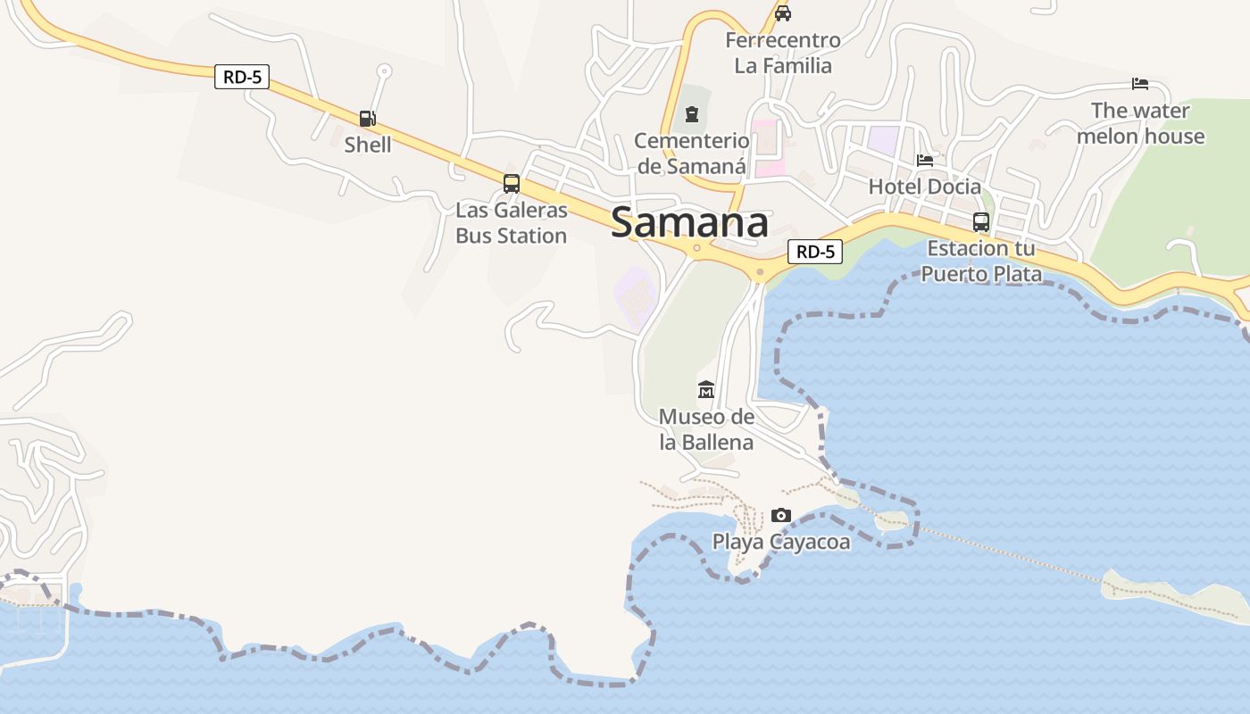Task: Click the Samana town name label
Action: (689, 223)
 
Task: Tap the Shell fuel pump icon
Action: (367, 118)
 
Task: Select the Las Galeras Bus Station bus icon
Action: (512, 184)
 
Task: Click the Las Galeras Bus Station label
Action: (512, 223)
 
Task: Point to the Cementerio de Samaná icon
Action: (692, 114)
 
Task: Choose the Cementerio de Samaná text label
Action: (692, 154)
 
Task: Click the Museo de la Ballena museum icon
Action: (706, 390)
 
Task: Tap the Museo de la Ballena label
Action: (706, 429)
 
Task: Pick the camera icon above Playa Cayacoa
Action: (780, 515)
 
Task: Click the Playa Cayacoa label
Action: (781, 542)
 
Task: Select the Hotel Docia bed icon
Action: (925, 161)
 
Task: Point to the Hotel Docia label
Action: (925, 187)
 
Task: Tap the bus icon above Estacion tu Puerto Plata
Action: (981, 222)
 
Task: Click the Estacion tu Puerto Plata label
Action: (981, 261)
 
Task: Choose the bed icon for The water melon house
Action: (1140, 84)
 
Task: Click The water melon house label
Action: (1140, 123)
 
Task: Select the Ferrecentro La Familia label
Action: (783, 53)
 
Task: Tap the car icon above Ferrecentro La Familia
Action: (783, 13)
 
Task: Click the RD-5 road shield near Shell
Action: (242, 77)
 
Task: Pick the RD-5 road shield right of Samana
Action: (816, 252)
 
